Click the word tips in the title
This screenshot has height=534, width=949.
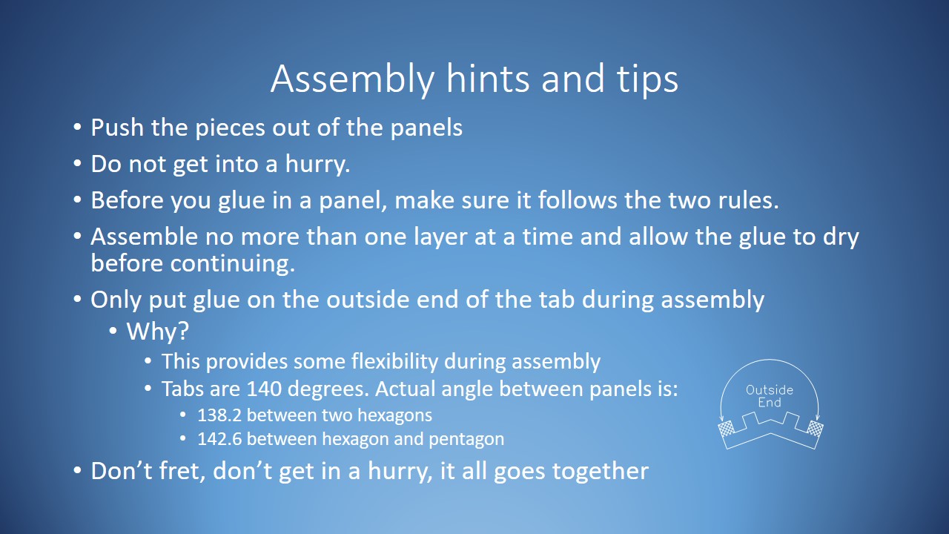pyautogui.click(x=643, y=79)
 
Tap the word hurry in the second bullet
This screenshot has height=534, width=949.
pyautogui.click(x=317, y=164)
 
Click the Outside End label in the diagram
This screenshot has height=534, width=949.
pyautogui.click(x=769, y=396)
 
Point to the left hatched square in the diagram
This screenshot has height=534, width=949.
pyautogui.click(x=726, y=429)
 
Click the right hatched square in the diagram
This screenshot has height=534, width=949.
pyautogui.click(x=815, y=429)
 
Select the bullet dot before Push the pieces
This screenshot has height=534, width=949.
pyautogui.click(x=78, y=128)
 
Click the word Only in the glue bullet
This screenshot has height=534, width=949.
pyautogui.click(x=116, y=300)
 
